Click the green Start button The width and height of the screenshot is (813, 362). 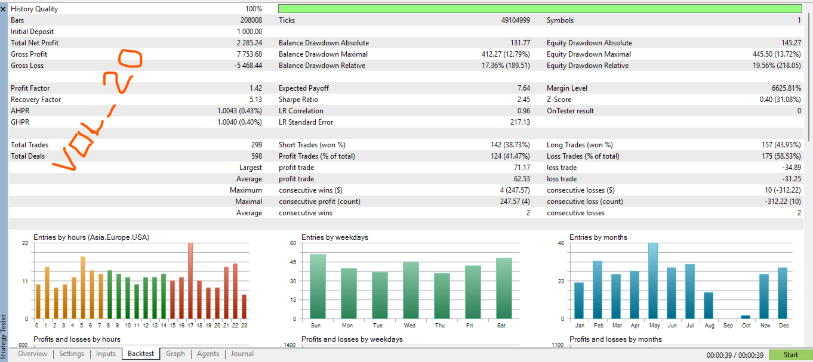tap(790, 355)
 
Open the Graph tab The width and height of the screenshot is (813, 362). tap(175, 354)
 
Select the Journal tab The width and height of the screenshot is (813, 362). tap(242, 354)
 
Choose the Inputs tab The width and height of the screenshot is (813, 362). tap(106, 354)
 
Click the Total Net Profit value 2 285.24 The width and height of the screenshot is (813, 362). tap(250, 43)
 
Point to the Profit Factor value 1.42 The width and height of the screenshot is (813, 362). tap(255, 88)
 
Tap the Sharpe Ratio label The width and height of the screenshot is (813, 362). tap(298, 100)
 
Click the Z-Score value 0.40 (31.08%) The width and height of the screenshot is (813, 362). tap(780, 100)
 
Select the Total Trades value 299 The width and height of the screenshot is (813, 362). tap(257, 145)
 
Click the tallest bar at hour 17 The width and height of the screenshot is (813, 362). tap(190, 281)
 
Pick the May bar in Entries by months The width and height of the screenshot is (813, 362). tap(653, 281)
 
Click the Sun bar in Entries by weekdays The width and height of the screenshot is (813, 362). tap(318, 286)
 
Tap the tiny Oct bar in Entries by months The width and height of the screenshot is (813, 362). tap(746, 317)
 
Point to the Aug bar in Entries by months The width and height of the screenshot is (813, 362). tap(709, 305)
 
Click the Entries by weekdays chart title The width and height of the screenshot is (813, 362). tap(335, 237)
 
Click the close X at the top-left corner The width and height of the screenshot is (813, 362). tap(3, 9)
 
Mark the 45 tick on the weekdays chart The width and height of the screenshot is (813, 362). tap(293, 262)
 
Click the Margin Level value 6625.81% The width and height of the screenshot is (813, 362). tap(786, 88)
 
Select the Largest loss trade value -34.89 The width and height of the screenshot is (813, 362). tap(792, 168)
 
